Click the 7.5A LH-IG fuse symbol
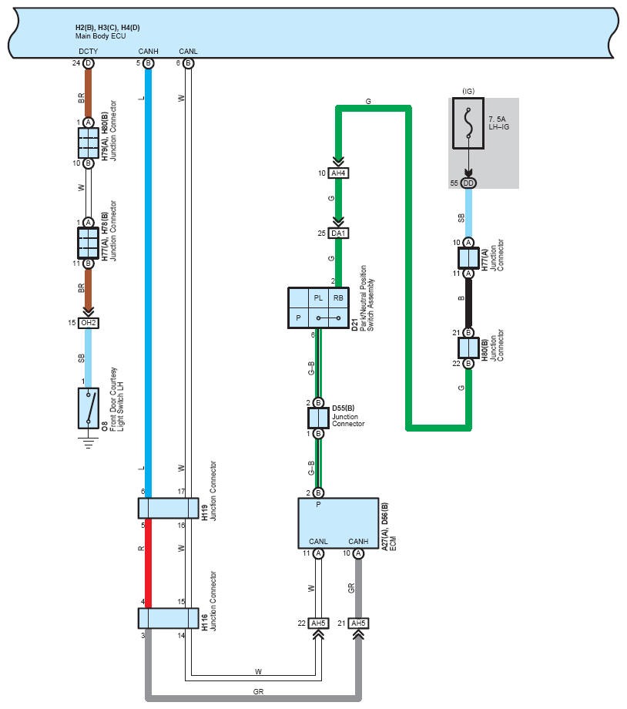click(468, 123)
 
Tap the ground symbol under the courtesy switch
click(88, 442)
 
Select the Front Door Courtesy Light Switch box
click(88, 408)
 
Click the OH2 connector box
click(88, 323)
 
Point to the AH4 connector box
click(338, 173)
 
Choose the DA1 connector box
click(338, 234)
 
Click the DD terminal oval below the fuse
click(468, 183)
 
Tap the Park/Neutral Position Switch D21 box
click(318, 307)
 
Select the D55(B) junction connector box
click(318, 418)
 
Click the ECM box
click(338, 523)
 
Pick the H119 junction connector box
click(168, 508)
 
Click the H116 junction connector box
click(168, 618)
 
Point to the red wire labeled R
click(148, 563)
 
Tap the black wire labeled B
click(468, 303)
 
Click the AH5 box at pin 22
click(318, 623)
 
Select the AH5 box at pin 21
click(358, 623)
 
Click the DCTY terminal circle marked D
click(88, 63)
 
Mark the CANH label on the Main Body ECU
click(148, 51)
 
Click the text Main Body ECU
click(100, 36)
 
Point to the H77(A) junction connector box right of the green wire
click(468, 258)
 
